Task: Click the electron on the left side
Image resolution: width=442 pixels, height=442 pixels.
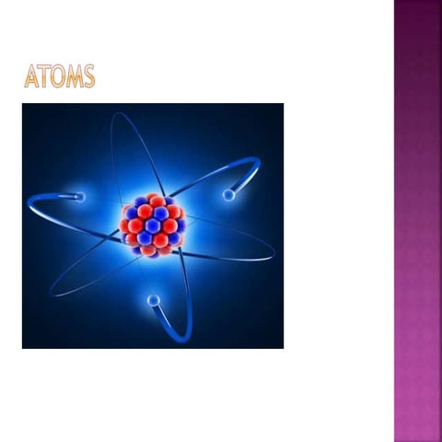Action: pos(80,196)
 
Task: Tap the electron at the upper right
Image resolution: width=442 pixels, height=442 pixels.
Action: pos(227,194)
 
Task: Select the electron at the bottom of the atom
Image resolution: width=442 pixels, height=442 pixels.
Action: pos(153,299)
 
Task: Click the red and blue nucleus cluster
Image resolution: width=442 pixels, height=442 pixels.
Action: pos(153,226)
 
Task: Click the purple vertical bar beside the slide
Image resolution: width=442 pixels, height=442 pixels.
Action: pos(417,221)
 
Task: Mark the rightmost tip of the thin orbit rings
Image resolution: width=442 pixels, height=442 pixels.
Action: pos(274,250)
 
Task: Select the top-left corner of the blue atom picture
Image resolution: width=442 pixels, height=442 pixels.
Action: pos(23,105)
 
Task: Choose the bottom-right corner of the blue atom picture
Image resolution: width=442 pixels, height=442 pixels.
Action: pos(283,347)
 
